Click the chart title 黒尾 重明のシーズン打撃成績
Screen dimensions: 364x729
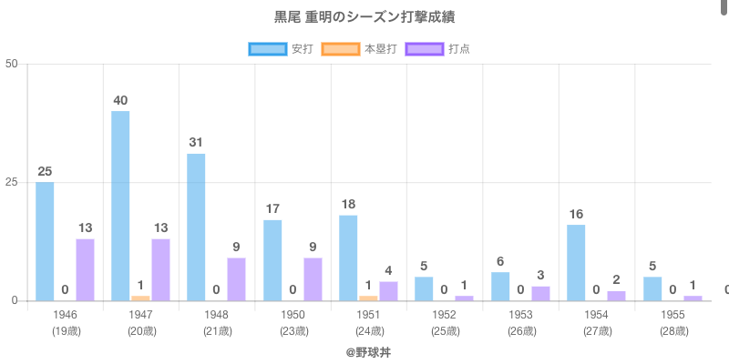(364, 17)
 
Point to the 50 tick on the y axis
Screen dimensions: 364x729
(12, 64)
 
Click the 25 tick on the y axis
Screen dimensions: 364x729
(12, 182)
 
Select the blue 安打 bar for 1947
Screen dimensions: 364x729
(120, 206)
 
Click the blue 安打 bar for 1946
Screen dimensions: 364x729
(45, 241)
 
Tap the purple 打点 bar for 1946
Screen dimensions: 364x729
(85, 269)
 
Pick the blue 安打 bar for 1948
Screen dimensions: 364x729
(196, 227)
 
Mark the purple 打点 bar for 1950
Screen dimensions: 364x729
(313, 278)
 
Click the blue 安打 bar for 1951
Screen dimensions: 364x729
(348, 258)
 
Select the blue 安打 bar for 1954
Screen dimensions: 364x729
(576, 262)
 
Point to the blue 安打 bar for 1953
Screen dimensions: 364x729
(500, 286)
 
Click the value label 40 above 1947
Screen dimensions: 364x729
(120, 100)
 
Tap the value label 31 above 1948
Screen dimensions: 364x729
(196, 143)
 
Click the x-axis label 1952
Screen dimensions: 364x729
(445, 315)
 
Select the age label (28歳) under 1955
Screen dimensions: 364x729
(673, 331)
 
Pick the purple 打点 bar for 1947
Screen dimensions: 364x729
(160, 269)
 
